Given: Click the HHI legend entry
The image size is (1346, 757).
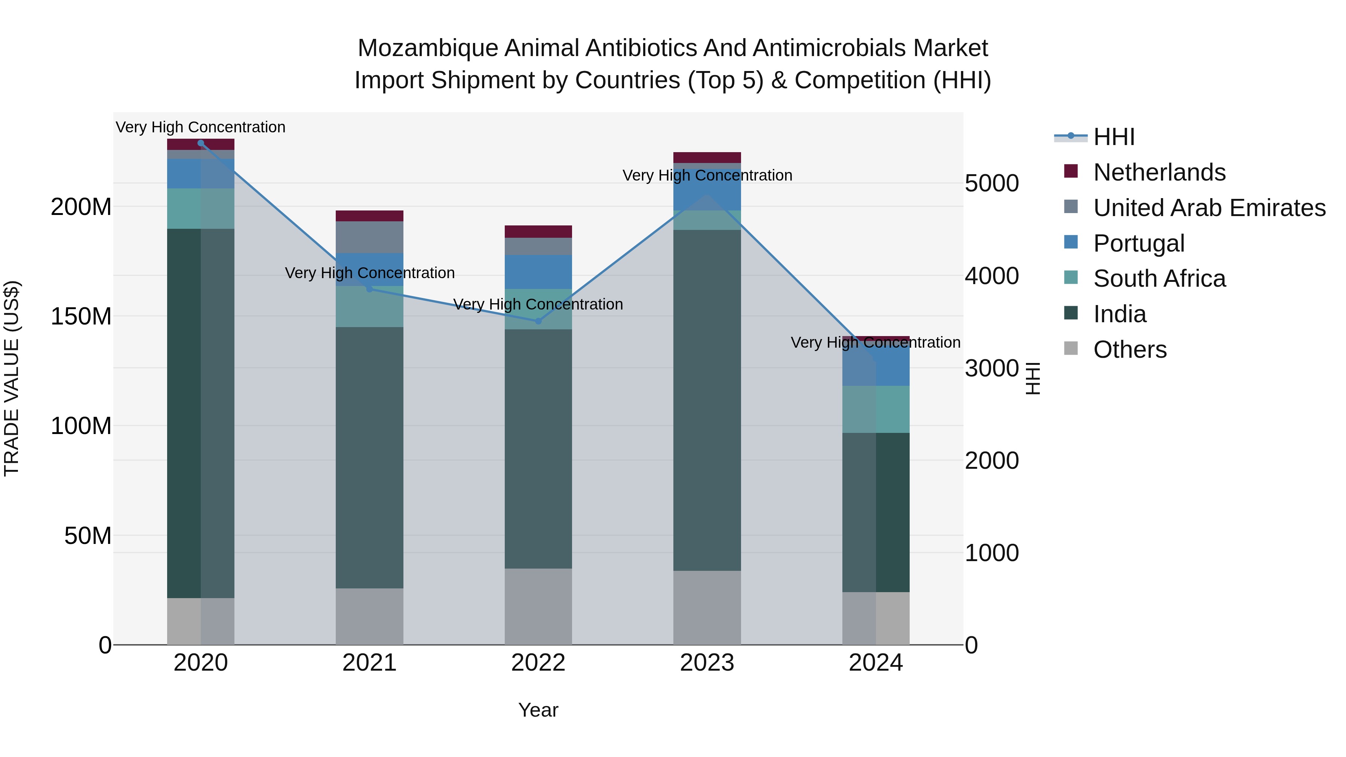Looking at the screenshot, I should point(1113,137).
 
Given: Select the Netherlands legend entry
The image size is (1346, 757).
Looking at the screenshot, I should point(1159,172).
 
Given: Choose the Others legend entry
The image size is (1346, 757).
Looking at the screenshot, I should point(1130,350).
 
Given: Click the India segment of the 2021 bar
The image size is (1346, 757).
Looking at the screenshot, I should point(369,457).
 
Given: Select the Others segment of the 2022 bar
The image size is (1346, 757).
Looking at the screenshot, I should point(538,606).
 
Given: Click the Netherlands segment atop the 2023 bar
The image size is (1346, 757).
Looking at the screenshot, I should point(707,157).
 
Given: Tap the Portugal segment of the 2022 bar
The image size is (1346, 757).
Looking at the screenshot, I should point(538,272).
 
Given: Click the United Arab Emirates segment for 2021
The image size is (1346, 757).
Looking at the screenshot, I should point(369,237).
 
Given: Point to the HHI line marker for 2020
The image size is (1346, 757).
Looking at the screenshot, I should point(201,143).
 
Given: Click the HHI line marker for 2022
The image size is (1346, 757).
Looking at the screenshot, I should point(538,321).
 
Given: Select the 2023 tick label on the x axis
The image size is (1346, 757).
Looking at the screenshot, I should point(707,663).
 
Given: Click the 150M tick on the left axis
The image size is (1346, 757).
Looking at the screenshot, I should point(81,316).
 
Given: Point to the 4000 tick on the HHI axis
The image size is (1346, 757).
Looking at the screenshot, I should point(991,276).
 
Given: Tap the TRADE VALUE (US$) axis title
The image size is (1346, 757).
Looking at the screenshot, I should point(12,378).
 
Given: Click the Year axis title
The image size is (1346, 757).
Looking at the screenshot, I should point(538,710).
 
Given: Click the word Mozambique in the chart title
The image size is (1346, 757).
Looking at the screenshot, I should point(427,48).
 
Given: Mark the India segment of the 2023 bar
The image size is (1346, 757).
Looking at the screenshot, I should point(707,400).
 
